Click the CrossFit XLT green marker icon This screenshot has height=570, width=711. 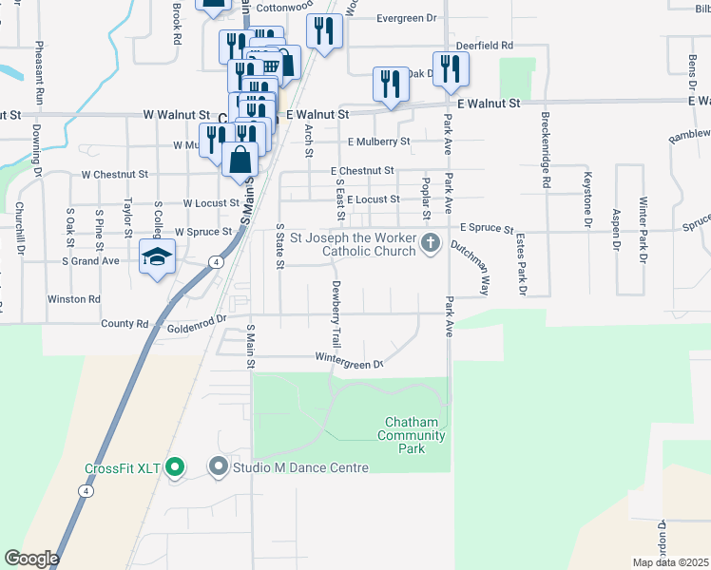click(x=174, y=466)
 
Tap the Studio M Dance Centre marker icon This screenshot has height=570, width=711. click(x=219, y=466)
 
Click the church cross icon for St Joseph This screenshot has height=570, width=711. click(x=430, y=243)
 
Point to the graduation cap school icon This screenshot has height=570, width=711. click(x=157, y=256)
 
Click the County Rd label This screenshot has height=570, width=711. click(x=125, y=324)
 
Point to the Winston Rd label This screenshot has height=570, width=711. click(x=74, y=299)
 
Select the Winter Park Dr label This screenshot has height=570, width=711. click(x=644, y=230)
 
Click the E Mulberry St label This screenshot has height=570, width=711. click(x=378, y=142)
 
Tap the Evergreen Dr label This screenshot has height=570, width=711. click(x=406, y=18)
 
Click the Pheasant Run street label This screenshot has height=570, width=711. click(x=39, y=74)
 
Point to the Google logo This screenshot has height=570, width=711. click(x=31, y=559)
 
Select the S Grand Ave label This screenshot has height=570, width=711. click(x=90, y=260)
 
